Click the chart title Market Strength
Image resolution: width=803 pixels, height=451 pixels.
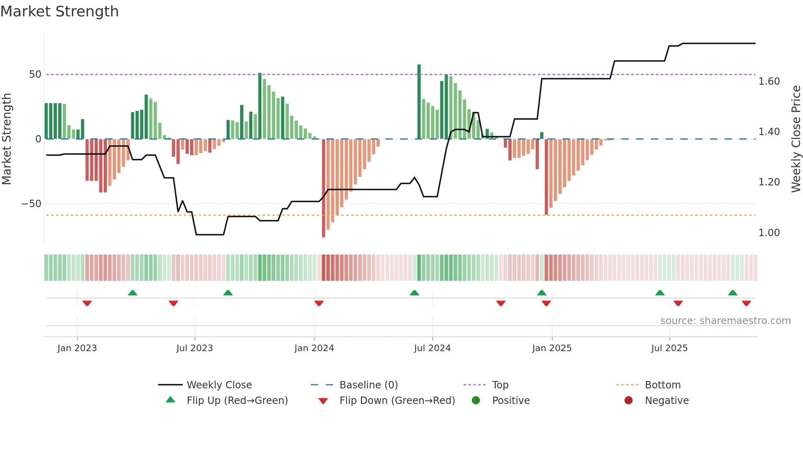[x=59, y=11]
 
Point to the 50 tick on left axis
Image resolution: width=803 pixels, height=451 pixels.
[x=35, y=74]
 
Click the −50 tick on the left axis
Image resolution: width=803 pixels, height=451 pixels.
[x=32, y=204]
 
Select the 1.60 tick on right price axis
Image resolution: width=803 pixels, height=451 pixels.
[x=769, y=81]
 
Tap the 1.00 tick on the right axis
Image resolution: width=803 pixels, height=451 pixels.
[x=769, y=233]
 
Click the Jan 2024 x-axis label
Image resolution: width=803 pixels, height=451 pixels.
[x=314, y=348]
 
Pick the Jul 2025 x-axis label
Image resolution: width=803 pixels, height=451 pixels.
[x=669, y=348]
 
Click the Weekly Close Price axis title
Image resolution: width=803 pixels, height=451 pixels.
[x=796, y=139]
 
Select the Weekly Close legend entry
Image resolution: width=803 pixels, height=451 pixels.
[x=219, y=385]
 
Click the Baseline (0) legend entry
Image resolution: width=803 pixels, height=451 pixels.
[x=368, y=385]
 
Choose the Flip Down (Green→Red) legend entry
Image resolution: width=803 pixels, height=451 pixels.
[x=397, y=401]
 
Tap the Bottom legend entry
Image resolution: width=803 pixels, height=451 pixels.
[x=662, y=385]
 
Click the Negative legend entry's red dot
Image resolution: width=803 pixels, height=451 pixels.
[x=628, y=401]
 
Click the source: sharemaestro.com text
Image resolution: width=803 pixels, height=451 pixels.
[x=725, y=321]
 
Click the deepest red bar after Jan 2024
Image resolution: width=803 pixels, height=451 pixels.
[x=324, y=188]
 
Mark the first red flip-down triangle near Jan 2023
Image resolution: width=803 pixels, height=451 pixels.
[x=87, y=303]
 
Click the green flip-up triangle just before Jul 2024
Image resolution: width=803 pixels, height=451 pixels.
[x=414, y=293]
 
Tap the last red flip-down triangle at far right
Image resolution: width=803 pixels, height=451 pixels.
[x=746, y=303]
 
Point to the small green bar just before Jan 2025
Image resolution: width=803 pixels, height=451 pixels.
[x=542, y=135]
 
